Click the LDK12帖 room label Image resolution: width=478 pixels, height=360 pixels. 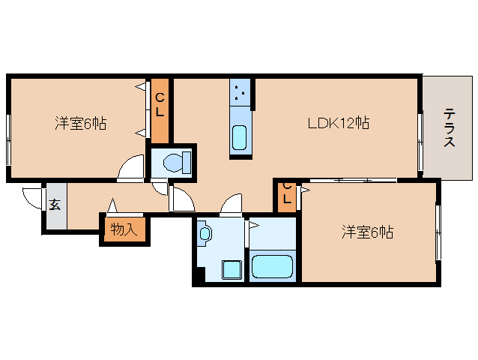coord(339,123)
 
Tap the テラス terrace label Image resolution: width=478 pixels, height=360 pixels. coord(449,127)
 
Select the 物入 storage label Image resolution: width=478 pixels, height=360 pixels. coord(124,229)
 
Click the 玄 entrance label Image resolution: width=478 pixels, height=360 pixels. coord(55,205)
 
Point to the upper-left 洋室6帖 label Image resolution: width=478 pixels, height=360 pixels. coord(81,123)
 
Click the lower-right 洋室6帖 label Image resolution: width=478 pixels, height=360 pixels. coord(367,232)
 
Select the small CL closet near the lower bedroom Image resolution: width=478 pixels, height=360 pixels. coord(287,194)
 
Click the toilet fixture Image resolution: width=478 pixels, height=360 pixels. coord(177,163)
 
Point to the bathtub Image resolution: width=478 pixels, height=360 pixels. coord(272,266)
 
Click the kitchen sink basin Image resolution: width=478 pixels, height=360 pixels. coord(239,137)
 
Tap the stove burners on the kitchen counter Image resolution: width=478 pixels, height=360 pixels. coord(240,92)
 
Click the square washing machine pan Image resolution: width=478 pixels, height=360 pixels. coord(232,270)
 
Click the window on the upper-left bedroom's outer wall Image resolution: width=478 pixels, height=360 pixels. coord(8,139)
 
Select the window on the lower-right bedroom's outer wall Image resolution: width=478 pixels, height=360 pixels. coord(438,232)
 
